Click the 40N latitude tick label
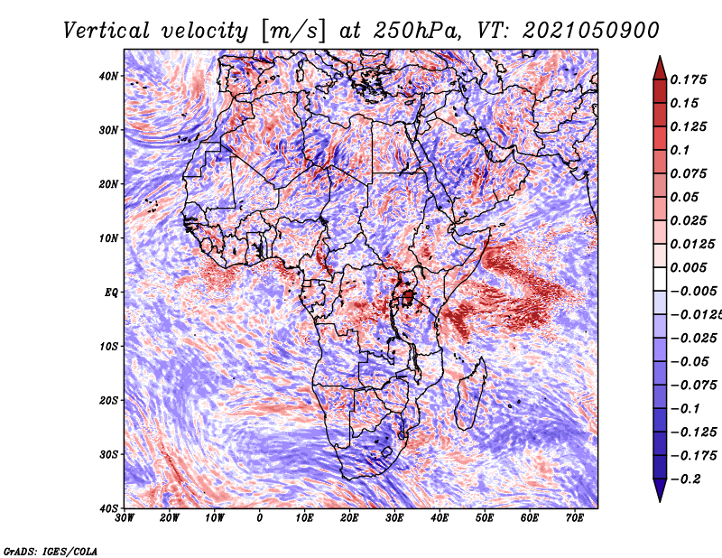[108, 76]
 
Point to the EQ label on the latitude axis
[111, 293]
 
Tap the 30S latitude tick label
[108, 455]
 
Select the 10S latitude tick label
[108, 347]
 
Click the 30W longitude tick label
[125, 518]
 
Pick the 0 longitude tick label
[260, 518]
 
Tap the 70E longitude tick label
[575, 518]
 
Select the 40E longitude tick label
[440, 518]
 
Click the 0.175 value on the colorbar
[689, 79]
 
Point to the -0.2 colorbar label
[686, 479]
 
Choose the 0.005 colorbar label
[689, 267]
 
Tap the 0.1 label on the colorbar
[680, 150]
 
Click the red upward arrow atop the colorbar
[660, 69]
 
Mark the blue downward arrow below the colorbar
[660, 490]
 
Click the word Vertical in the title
[106, 31]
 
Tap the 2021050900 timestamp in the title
[591, 31]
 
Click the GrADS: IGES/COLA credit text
[51, 552]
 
